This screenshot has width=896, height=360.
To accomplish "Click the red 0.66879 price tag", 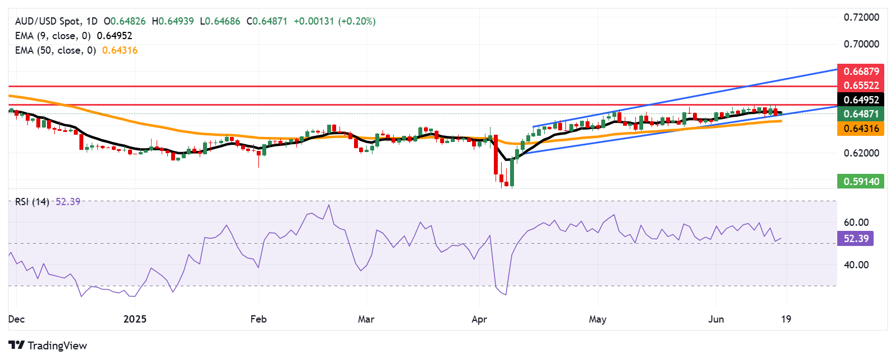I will [x=861, y=72].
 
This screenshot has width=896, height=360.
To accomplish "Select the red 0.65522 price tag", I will [x=861, y=86].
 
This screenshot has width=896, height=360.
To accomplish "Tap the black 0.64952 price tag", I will [x=861, y=100].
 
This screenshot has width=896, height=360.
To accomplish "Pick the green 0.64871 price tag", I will [x=861, y=114].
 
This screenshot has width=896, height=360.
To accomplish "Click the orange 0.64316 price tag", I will [x=861, y=129].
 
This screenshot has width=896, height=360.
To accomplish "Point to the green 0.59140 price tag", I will [x=861, y=181].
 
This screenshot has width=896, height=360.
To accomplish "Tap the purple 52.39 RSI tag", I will [x=856, y=239].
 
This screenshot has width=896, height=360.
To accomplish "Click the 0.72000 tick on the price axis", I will [x=861, y=17].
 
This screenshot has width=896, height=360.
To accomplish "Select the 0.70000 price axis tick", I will [x=861, y=44].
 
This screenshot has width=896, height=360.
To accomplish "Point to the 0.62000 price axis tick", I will [x=861, y=153].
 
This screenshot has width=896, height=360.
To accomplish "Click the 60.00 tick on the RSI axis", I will [x=856, y=222].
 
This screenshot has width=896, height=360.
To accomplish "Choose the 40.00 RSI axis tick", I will [x=856, y=265].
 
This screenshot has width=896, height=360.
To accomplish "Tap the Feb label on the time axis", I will [x=258, y=319].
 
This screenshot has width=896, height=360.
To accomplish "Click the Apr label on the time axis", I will [x=479, y=319].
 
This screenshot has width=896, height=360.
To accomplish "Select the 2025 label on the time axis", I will [x=135, y=319].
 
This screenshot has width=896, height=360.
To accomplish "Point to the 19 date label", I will [x=786, y=319].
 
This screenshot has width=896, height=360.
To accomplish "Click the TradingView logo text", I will [x=57, y=345].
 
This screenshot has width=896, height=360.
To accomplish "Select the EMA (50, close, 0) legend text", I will [x=55, y=50].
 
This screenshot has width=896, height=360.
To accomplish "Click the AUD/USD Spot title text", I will [x=48, y=21].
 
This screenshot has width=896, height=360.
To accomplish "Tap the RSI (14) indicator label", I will [x=32, y=202].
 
